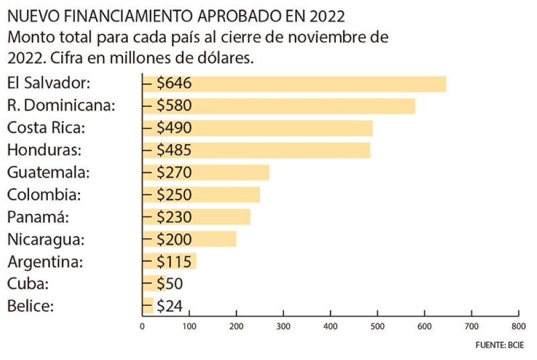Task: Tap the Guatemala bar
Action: click(231, 173)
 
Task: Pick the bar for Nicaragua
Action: click(215, 239)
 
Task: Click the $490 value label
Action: click(174, 128)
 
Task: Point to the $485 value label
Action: click(174, 150)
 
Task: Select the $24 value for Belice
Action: click(170, 306)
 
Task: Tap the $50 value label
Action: click(170, 284)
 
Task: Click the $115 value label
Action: click(174, 262)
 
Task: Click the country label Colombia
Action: click(44, 195)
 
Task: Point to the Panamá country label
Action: click(39, 217)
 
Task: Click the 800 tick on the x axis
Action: click(518, 326)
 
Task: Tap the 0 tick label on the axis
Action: click(142, 326)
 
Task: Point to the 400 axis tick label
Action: click(330, 326)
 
